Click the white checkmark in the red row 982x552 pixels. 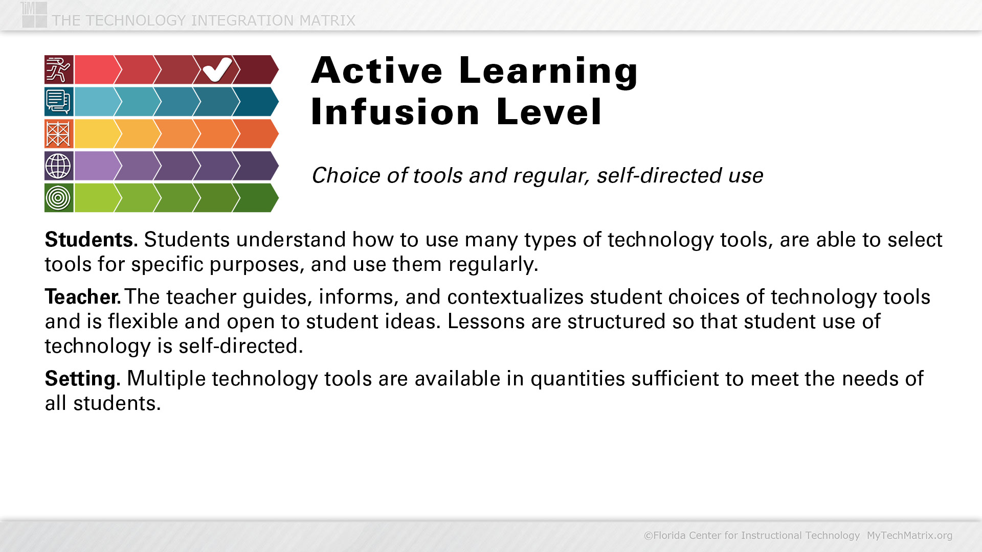[x=217, y=70]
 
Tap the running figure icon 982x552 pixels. [x=59, y=70]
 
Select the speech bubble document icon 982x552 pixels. [x=59, y=101]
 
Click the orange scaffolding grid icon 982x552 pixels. [x=59, y=133]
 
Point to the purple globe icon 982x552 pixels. [x=59, y=166]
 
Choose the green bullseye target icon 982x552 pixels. [x=59, y=198]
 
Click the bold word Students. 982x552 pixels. [x=91, y=240]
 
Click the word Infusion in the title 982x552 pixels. [x=395, y=112]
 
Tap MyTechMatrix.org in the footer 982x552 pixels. [x=909, y=536]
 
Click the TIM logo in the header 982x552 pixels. [x=34, y=14]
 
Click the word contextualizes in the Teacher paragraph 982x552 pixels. [x=516, y=297]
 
